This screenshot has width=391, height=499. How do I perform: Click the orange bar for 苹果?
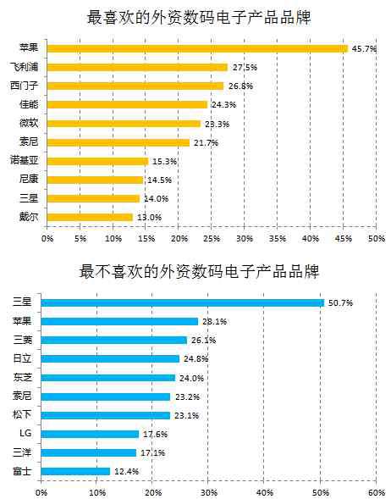coord(197,48)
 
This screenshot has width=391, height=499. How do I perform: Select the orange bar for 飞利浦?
coord(137,67)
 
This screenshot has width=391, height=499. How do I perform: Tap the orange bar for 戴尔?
coord(90,218)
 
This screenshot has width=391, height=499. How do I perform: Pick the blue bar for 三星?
coord(183,303)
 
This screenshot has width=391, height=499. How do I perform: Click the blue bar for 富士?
coord(75,471)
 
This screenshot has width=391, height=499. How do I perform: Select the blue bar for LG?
coord(90,434)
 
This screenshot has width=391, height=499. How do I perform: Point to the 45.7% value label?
coord(364,49)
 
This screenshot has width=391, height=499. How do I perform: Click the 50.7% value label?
coord(340,303)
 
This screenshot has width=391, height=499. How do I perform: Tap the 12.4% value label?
coord(126,471)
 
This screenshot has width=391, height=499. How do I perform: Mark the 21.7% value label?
coord(206,143)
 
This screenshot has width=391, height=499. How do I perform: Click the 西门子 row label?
coord(25,86)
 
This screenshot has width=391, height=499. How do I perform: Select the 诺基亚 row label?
coord(25,160)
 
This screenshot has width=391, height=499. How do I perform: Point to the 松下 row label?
coord(22,414)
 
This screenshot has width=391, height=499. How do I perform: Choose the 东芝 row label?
coord(22,378)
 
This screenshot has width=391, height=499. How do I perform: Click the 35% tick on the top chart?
coord(278,238)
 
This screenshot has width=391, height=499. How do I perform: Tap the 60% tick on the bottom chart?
coord(377,493)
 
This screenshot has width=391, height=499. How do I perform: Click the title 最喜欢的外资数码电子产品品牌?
coord(199,17)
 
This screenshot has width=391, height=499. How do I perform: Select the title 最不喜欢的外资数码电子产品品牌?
coord(199,271)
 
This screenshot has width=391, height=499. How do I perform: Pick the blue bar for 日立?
coord(110,359)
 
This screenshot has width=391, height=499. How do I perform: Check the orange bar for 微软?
coord(124,124)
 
